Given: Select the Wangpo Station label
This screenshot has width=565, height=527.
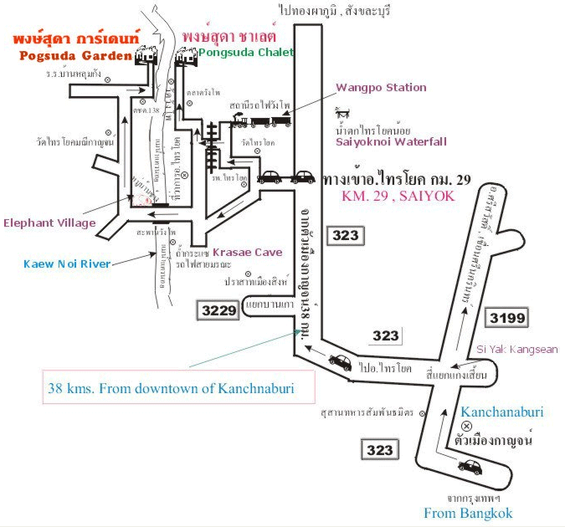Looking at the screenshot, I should [x=382, y=87].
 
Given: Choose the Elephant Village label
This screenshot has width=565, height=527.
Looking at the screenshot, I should [x=50, y=223].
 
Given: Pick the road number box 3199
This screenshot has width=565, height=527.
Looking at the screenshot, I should [x=508, y=317].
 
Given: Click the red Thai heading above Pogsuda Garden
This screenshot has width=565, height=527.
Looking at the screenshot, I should [x=72, y=39].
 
